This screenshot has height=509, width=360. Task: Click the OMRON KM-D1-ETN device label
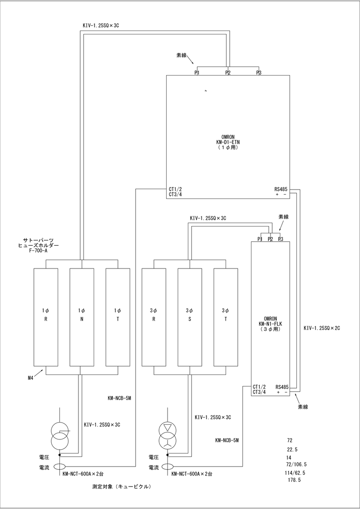(x=228, y=142)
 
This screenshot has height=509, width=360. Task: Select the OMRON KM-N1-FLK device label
(x=270, y=324)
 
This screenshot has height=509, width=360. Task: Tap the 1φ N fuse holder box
(x=82, y=317)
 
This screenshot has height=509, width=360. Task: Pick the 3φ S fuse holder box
(x=190, y=317)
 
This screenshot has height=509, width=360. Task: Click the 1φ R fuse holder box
(x=46, y=317)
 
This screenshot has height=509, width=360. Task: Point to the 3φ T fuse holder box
(x=226, y=317)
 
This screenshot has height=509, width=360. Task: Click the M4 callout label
(x=31, y=378)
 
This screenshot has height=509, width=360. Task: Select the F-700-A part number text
(x=38, y=251)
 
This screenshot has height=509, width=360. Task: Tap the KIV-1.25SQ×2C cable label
(x=322, y=328)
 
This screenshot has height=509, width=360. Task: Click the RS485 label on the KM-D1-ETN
(x=281, y=189)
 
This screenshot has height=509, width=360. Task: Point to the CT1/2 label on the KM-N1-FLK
(x=259, y=387)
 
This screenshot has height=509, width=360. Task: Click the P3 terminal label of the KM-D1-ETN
(x=259, y=73)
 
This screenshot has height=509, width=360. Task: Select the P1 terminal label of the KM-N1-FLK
(x=260, y=239)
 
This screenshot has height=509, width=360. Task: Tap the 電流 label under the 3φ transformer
(x=153, y=467)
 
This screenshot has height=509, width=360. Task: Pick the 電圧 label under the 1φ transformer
(x=44, y=457)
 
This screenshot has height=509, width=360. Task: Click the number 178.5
(x=294, y=480)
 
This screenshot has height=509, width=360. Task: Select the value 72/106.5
(x=296, y=464)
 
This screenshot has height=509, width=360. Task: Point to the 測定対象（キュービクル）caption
(x=122, y=487)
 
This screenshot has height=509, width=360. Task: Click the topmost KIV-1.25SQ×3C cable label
(x=101, y=25)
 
